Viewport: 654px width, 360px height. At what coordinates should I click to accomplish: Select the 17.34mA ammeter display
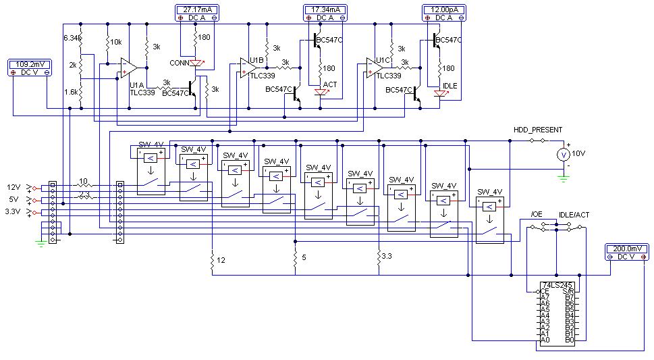pos(325,9)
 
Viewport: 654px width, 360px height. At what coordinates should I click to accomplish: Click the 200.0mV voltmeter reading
pos(628,249)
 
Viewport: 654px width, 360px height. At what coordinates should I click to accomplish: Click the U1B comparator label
pos(257,61)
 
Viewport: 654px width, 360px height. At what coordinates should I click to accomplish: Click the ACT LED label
pos(330,84)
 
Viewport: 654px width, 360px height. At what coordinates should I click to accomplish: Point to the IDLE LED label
pos(450,86)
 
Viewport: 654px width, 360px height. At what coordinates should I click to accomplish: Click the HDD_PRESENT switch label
pos(537,130)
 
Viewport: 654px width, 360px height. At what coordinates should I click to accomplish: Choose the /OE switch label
pos(536,214)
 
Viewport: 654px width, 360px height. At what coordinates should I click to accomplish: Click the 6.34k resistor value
pos(72,38)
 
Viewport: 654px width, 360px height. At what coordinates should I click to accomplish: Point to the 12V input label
pos(14,187)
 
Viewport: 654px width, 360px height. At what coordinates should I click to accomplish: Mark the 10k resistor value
pos(117,42)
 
